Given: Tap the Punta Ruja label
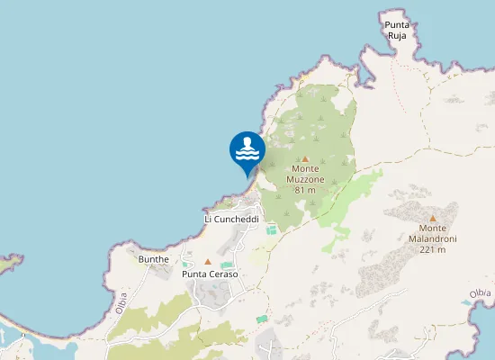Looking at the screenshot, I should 396,31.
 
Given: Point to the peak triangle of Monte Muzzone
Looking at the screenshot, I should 305,158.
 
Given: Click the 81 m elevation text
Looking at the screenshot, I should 305,190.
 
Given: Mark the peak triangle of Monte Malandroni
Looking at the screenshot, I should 433,218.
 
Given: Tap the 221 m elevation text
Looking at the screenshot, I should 433,249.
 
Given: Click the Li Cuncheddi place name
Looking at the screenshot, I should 232,219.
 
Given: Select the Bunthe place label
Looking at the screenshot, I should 153,259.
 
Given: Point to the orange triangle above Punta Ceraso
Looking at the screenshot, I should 208,262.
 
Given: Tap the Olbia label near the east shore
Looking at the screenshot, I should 481,293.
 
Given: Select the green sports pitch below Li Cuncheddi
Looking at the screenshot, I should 272,230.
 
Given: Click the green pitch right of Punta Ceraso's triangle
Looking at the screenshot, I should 227,265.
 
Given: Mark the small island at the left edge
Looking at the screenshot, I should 9,263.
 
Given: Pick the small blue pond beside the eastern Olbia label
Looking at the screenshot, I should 466,302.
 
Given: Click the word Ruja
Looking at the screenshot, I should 396,36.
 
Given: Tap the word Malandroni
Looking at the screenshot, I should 433,238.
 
